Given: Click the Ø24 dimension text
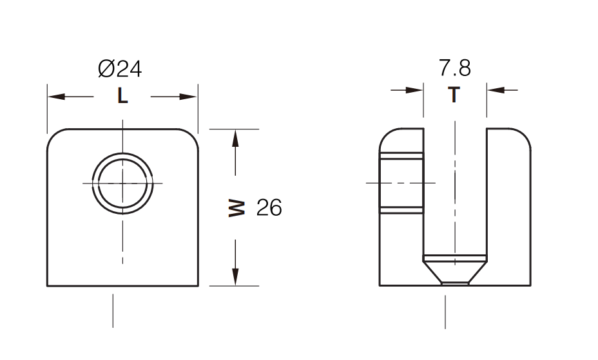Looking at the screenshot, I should click(x=120, y=69).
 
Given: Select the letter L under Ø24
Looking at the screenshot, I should click(x=122, y=97).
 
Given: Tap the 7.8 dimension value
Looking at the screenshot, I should click(x=454, y=68).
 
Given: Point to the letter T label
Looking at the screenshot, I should click(x=454, y=95).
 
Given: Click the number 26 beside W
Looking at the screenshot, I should click(x=269, y=208).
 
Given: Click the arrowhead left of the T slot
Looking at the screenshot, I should click(x=415, y=90).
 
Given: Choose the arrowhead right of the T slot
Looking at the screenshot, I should click(x=495, y=90).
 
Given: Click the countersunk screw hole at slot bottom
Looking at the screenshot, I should click(x=454, y=269).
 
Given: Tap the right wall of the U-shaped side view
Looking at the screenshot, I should click(x=508, y=206).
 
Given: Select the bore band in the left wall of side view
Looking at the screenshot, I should click(x=401, y=184).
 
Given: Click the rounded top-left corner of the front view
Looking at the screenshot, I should click(x=54, y=136).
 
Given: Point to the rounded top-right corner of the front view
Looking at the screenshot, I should click(x=191, y=136).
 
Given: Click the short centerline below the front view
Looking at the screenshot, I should click(x=113, y=310).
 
